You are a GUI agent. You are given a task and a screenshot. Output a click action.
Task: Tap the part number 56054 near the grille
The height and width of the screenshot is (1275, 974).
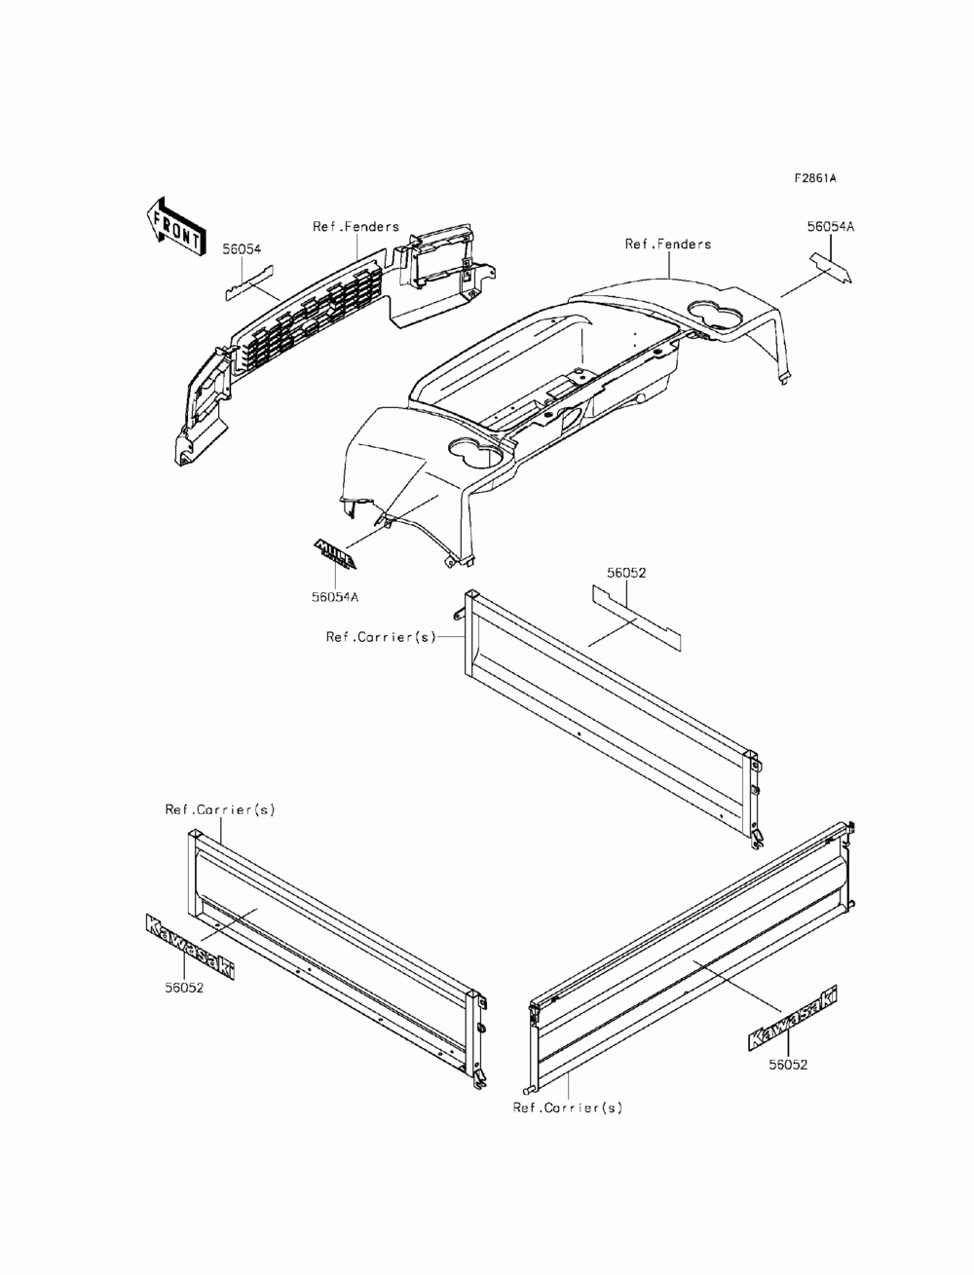pyautogui.click(x=241, y=249)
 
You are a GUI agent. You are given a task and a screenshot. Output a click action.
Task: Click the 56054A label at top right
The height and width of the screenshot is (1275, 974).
pyautogui.click(x=830, y=226)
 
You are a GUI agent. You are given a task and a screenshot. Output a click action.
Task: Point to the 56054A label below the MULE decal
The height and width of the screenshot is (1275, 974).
pyautogui.click(x=335, y=597)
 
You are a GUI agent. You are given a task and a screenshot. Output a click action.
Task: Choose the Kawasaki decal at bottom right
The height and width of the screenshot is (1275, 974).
pyautogui.click(x=793, y=1018)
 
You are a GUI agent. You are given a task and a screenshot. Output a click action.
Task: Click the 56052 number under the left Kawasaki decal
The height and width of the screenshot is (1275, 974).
pyautogui.click(x=184, y=987)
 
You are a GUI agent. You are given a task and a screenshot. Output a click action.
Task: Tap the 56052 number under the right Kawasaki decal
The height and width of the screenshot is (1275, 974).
pyautogui.click(x=788, y=1065)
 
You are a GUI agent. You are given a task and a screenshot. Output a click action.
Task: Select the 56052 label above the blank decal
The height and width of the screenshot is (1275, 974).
pyautogui.click(x=626, y=574)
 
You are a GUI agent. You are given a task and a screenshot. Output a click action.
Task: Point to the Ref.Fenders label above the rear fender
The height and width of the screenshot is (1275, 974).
pyautogui.click(x=667, y=244)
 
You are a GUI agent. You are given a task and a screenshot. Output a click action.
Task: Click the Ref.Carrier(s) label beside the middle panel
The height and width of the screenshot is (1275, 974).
pyautogui.click(x=381, y=637)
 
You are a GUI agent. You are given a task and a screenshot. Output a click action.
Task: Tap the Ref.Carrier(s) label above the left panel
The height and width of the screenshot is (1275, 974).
pyautogui.click(x=219, y=809)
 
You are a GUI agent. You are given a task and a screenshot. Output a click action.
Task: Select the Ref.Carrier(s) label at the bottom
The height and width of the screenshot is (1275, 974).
pyautogui.click(x=567, y=1107)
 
